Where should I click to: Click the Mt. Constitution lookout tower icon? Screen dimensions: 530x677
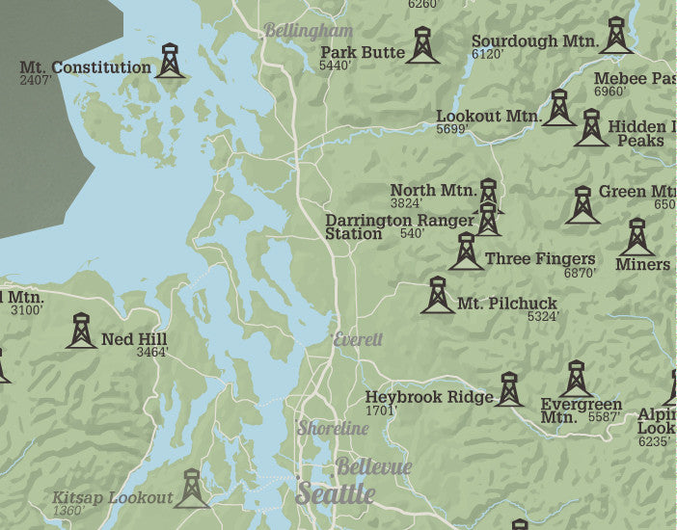coord(171,61)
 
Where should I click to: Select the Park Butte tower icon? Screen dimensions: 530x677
coord(422,46)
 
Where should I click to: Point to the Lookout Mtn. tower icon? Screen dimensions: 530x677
coord(558,109)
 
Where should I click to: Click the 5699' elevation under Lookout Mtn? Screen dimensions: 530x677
coord(451,129)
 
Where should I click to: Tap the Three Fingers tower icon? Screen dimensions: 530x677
coord(466,252)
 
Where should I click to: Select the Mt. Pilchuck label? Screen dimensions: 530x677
coord(507,304)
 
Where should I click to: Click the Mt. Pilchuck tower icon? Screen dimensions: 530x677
coord(437,296)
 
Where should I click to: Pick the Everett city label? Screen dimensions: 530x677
coord(358,340)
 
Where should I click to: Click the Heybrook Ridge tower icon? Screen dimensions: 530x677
coord(509,389)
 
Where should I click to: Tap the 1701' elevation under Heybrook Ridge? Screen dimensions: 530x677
coord(382,411)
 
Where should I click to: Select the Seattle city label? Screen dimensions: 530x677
coord(335,493)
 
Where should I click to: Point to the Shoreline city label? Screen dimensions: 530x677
coord(333,428)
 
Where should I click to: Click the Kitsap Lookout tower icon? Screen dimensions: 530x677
coord(192,490)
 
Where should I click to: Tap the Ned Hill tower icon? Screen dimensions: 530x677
coord(81,331)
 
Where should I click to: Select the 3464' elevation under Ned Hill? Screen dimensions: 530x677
coord(151,353)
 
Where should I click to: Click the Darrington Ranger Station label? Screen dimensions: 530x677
coord(399,226)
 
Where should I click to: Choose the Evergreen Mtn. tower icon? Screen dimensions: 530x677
coord(576,380)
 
